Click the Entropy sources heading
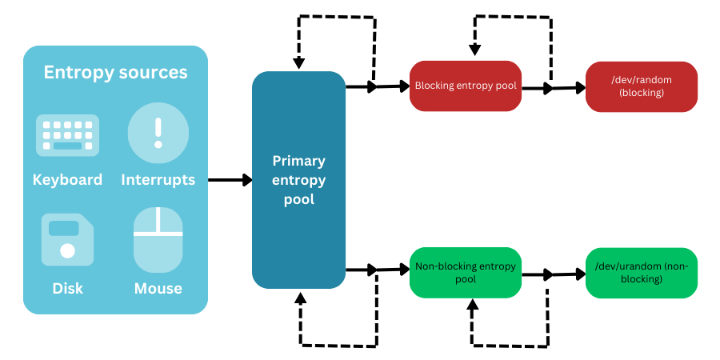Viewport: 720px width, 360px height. [115, 73]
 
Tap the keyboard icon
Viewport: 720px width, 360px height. [67, 135]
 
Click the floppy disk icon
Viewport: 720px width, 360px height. [67, 239]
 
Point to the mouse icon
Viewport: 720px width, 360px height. [158, 239]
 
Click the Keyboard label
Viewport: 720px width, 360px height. [67, 179]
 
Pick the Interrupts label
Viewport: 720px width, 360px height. [158, 179]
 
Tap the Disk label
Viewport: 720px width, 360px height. [67, 288]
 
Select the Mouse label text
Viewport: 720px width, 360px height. [158, 288]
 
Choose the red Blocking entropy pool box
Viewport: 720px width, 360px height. [466, 86]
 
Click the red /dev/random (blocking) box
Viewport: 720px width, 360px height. [641, 86]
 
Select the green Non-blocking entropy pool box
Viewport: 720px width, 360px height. [466, 274]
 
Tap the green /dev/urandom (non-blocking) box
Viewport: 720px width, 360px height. [641, 273]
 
